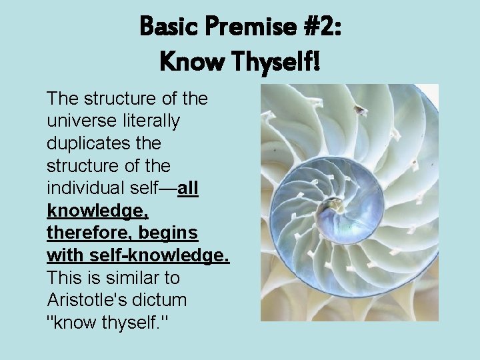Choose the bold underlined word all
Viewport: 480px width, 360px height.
point(189,188)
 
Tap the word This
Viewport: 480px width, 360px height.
point(63,277)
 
